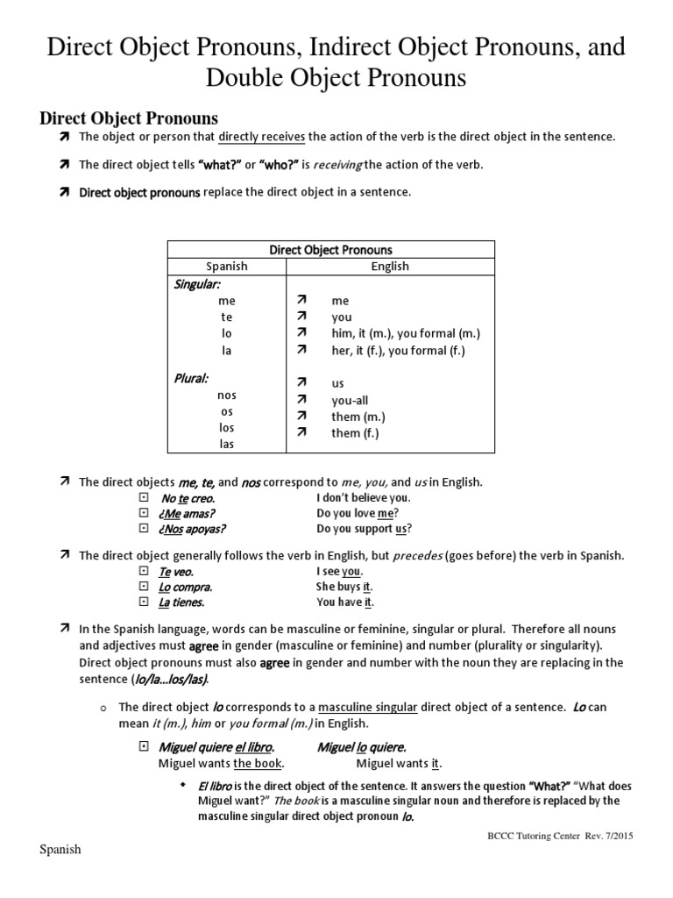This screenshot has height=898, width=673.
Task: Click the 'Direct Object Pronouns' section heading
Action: point(130,118)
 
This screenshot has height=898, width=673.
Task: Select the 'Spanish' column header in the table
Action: point(226,267)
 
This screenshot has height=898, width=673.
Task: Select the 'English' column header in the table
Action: point(390,267)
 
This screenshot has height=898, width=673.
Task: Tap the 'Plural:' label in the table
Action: point(190,379)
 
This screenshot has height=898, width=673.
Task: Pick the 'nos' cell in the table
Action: point(227,396)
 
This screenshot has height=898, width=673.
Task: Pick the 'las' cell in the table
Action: point(227,444)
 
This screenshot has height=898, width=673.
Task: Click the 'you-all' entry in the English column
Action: point(350,401)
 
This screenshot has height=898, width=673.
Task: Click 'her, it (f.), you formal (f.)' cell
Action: point(398,350)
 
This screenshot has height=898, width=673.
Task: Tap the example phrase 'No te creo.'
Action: point(188,497)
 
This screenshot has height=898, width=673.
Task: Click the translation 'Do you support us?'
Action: point(364,529)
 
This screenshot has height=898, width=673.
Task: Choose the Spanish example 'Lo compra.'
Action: point(186,587)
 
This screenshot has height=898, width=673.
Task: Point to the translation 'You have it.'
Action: point(345,602)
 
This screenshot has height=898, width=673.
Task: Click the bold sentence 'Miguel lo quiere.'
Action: point(361,747)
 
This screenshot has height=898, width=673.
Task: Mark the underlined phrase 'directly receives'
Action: point(261,136)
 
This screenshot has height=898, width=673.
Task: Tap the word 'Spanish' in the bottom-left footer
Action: point(60,851)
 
